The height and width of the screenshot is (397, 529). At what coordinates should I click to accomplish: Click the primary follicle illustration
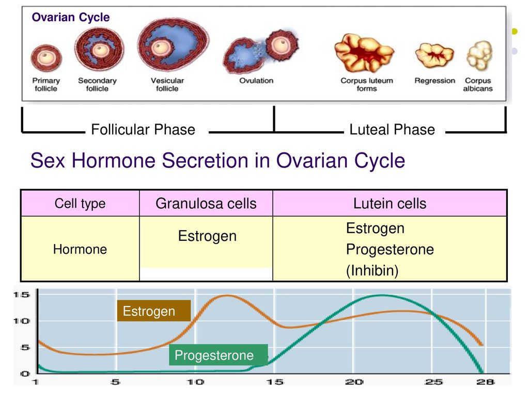(x=46, y=58)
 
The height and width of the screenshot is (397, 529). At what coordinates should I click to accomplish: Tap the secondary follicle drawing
(x=99, y=49)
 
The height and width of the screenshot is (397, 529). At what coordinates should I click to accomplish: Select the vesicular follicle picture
(x=173, y=45)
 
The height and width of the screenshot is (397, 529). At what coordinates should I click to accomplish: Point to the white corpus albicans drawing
(x=479, y=55)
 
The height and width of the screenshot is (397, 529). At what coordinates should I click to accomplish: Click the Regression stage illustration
(x=434, y=55)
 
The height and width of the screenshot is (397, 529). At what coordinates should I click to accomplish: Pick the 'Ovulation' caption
(x=256, y=81)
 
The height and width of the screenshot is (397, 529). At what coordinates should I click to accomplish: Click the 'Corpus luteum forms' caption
(x=367, y=84)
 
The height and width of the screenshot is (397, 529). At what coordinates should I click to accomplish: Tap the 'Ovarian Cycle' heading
(x=70, y=17)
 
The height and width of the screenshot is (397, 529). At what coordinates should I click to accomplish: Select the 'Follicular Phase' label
(x=143, y=130)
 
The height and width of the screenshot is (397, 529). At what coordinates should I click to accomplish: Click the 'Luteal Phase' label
(x=392, y=130)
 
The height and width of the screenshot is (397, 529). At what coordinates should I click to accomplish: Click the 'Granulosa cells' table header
(x=206, y=204)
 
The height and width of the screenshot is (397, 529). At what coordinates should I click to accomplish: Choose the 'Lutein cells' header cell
(x=390, y=204)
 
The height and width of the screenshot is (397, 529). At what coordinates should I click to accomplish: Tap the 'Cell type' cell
(x=80, y=204)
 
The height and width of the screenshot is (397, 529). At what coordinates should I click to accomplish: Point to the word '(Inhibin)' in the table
(x=372, y=271)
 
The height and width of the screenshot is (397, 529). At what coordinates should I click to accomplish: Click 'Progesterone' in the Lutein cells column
(x=390, y=250)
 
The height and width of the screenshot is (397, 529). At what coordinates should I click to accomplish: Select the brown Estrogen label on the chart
(x=154, y=311)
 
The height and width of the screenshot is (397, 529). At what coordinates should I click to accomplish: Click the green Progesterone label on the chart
(x=219, y=355)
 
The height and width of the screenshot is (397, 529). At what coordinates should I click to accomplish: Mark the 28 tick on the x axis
(x=485, y=382)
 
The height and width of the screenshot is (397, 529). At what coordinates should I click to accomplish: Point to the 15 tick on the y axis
(x=21, y=295)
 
